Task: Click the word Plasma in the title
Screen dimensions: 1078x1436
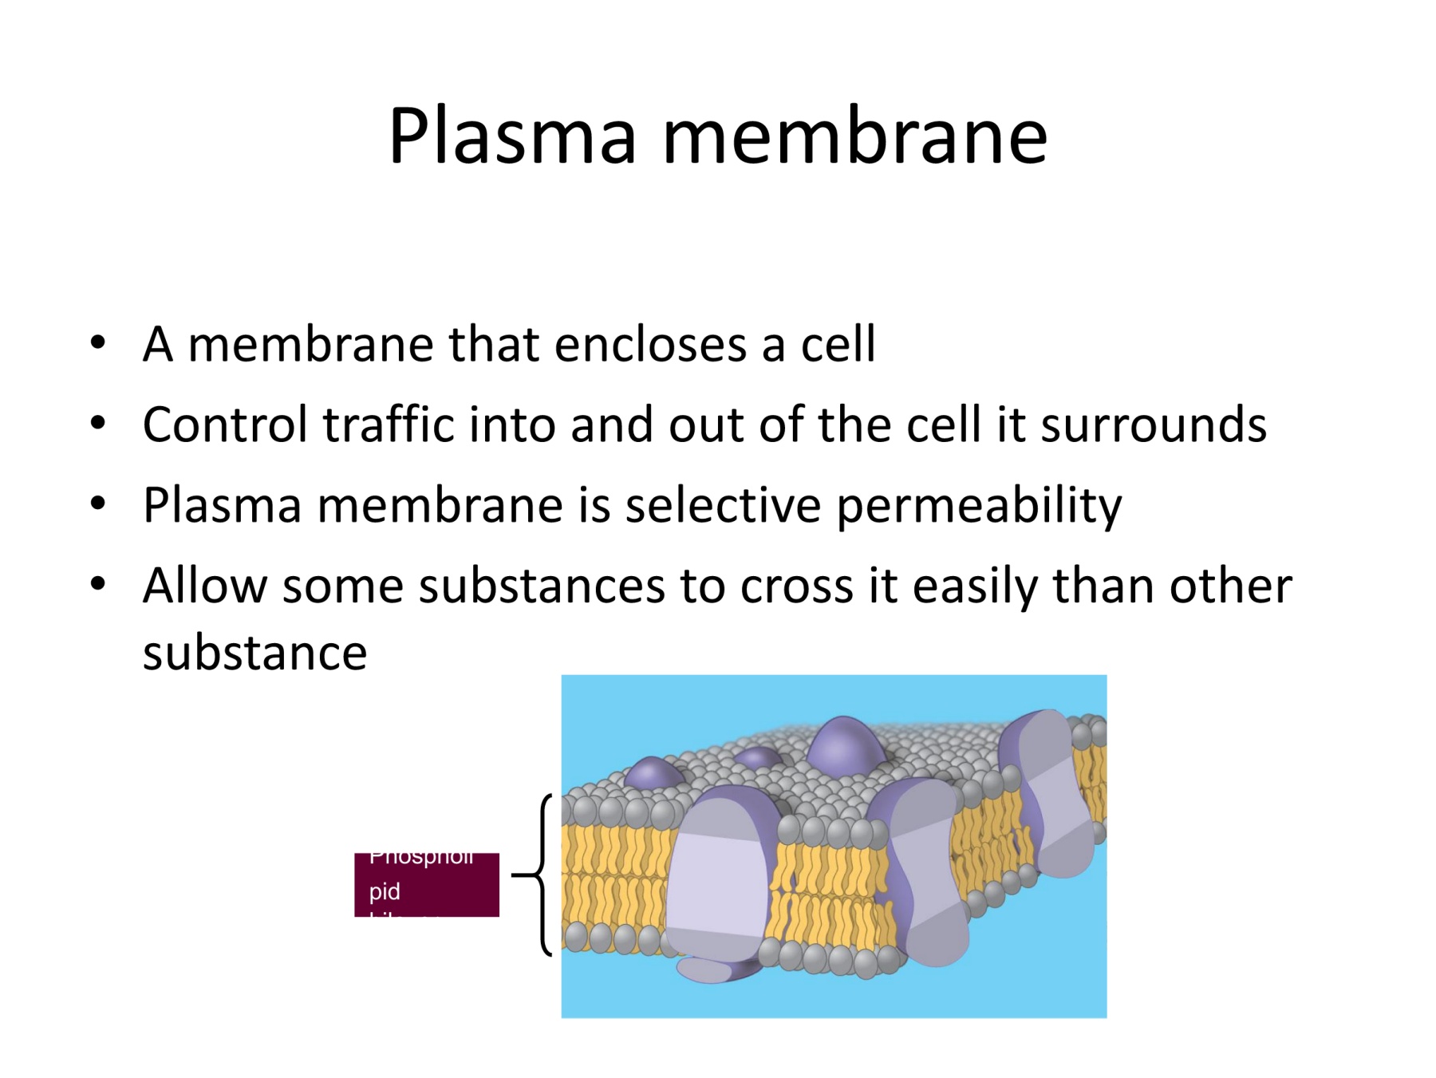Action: pos(512,136)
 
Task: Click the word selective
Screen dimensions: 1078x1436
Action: pos(722,505)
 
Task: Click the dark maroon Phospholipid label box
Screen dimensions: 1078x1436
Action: pos(426,884)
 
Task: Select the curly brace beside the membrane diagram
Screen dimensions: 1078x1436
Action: pos(542,875)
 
